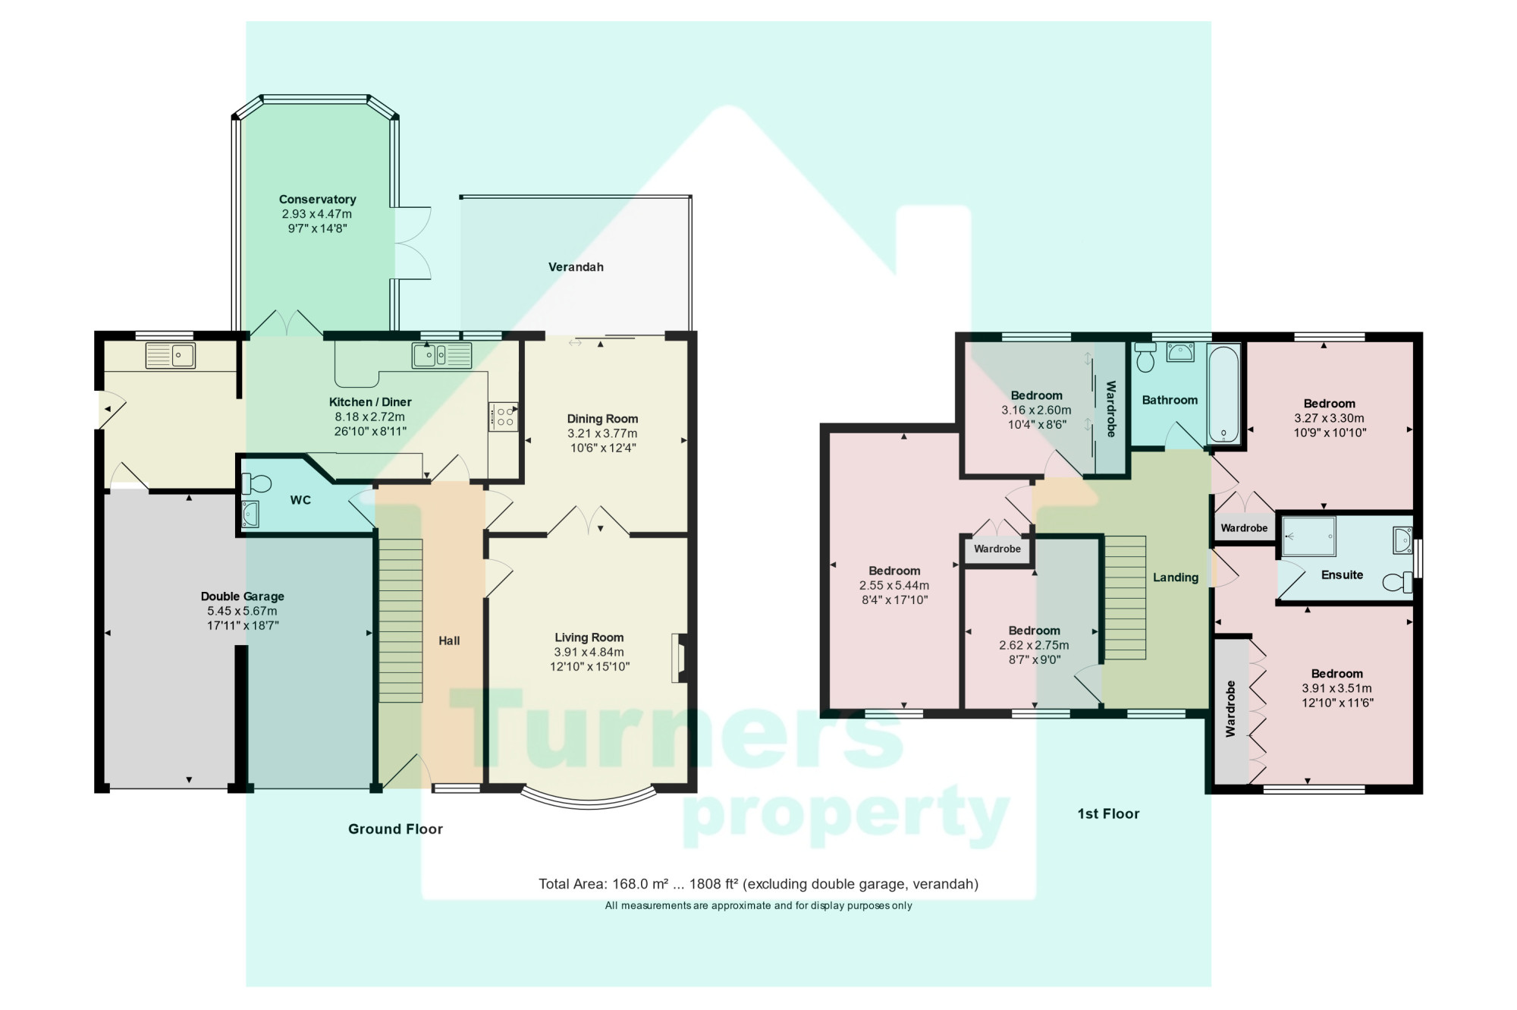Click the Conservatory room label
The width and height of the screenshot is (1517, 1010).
317,200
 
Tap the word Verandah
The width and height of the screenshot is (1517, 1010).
576,267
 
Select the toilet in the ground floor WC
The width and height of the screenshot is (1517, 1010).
256,483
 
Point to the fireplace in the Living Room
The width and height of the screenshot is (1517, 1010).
678,659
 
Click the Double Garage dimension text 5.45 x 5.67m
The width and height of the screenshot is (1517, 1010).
242,611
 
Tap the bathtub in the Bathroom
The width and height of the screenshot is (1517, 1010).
1223,394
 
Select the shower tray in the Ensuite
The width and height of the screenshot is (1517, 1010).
1308,536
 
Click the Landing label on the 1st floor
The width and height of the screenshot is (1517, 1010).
1175,577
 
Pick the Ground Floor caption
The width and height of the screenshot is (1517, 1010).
395,829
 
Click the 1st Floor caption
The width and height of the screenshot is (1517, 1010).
1108,814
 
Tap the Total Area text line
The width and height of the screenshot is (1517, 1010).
758,884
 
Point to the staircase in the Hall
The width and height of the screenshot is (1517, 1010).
400,620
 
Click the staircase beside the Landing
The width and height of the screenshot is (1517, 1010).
1124,598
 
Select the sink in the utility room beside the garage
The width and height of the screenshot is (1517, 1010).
171,355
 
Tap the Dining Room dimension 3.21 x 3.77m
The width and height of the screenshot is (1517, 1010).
602,433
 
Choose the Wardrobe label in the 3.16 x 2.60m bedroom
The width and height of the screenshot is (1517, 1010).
1111,409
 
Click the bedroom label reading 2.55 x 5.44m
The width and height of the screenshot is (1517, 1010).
894,585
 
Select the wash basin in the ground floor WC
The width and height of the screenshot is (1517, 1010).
250,515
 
